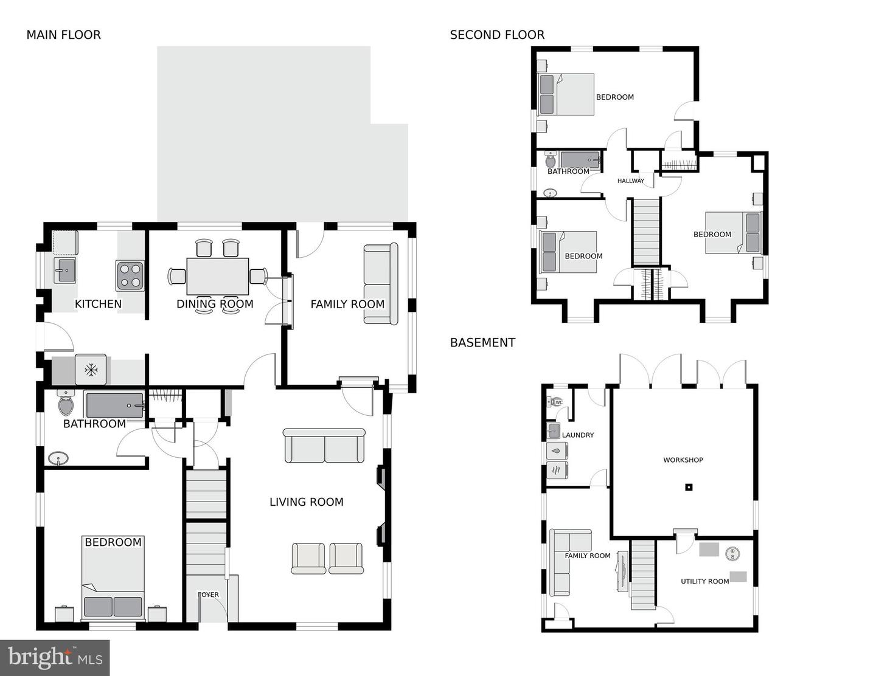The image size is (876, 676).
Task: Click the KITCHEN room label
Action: (98, 304)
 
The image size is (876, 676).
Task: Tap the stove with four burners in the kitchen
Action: (130, 275)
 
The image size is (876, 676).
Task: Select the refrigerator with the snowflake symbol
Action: (91, 370)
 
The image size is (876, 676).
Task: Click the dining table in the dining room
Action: (217, 276)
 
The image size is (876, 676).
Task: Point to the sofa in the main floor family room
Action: (380, 284)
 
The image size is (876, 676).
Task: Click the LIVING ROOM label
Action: (306, 502)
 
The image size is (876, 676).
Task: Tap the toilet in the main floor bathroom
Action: (65, 403)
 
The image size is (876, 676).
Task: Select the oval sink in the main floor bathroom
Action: (58, 458)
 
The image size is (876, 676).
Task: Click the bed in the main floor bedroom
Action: (113, 578)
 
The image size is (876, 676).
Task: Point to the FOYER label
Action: (209, 595)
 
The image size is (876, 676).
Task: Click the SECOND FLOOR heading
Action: (497, 35)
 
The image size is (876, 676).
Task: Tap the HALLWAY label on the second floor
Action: (630, 181)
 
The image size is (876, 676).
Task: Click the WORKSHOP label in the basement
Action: (683, 460)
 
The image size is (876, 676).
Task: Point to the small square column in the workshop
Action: (689, 486)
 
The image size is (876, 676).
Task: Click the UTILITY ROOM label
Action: (704, 582)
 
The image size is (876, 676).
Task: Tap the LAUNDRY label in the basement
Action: (577, 435)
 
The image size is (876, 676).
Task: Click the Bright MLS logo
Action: (55, 658)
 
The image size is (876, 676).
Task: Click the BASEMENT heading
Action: (482, 343)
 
